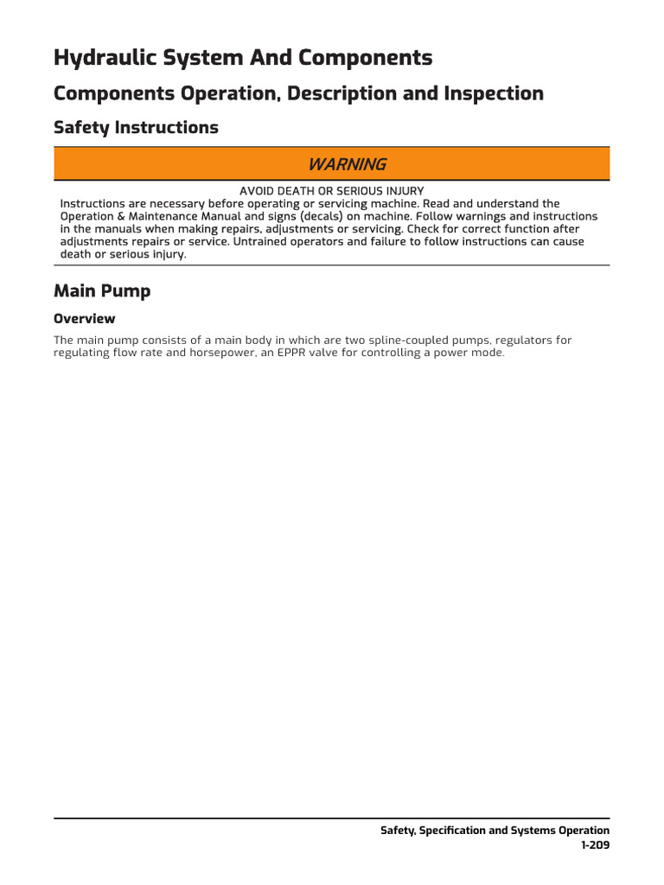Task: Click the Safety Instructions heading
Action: [x=136, y=128]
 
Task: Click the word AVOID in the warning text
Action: [x=259, y=191]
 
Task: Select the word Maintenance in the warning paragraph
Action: [x=167, y=216]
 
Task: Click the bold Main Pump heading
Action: [x=102, y=291]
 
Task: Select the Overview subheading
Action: [x=84, y=318]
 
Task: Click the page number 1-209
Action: [x=595, y=845]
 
